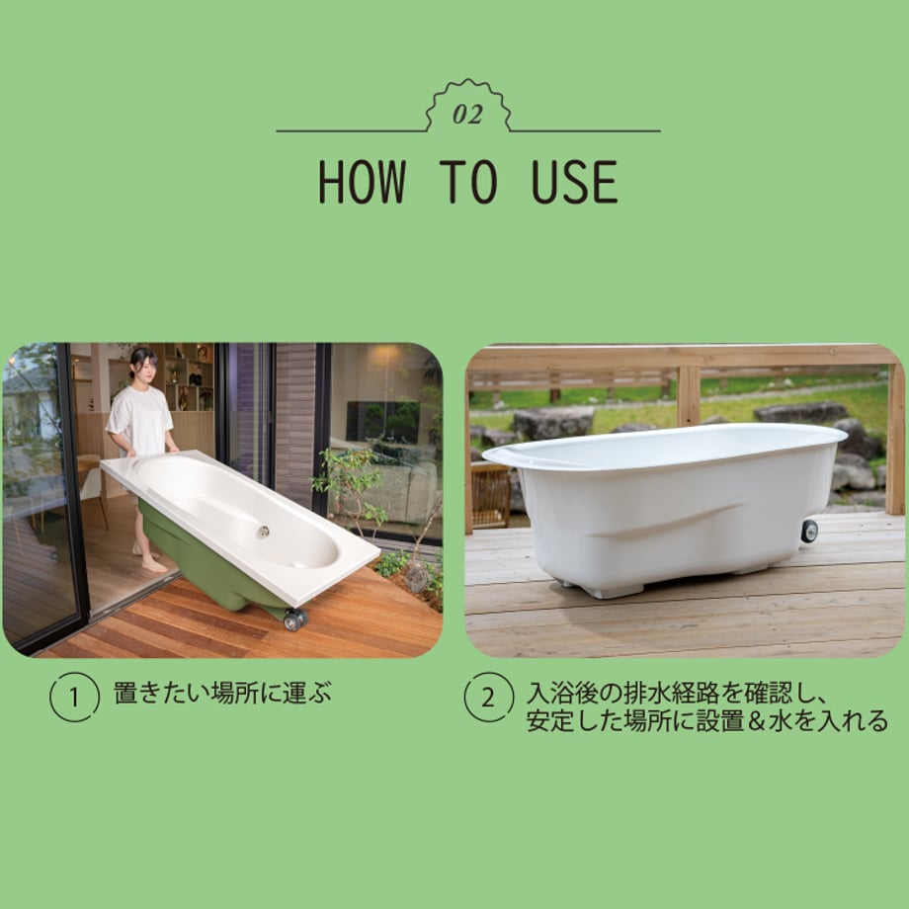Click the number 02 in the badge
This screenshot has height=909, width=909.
[467, 115]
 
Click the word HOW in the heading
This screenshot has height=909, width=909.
[362, 182]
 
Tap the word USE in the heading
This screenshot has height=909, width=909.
[574, 182]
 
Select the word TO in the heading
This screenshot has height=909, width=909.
[468, 182]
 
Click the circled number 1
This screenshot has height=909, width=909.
[75, 697]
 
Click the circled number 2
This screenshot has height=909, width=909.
[489, 697]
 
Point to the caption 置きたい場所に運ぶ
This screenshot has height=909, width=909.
[222, 694]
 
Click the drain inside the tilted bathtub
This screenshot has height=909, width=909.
[263, 531]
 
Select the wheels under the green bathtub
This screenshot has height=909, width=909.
[295, 619]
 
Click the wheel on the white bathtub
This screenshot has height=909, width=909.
[809, 531]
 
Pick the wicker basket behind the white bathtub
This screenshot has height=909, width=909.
[490, 496]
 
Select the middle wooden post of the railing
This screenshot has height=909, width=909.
[688, 396]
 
